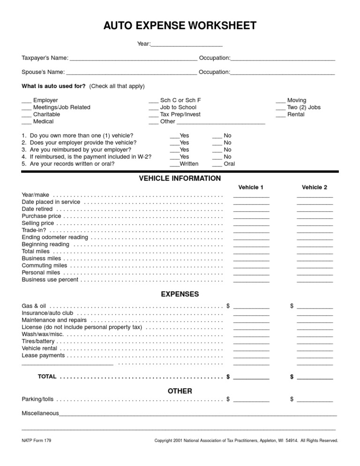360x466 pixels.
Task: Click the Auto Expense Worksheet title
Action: point(180,25)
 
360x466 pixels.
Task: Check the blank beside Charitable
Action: point(26,115)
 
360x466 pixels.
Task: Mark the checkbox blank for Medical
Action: point(26,122)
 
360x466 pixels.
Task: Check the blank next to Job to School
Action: point(153,108)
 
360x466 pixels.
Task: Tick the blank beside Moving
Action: point(280,101)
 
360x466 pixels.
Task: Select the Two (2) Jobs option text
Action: point(304,107)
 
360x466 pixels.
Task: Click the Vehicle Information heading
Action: point(180,179)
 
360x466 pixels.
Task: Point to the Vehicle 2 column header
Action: point(315,188)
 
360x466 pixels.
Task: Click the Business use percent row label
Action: point(50,280)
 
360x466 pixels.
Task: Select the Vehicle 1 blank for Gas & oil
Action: point(251,307)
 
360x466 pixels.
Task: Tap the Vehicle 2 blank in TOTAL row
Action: point(315,377)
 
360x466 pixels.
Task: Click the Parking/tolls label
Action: point(37,399)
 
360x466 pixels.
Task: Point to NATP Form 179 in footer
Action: point(36,441)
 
